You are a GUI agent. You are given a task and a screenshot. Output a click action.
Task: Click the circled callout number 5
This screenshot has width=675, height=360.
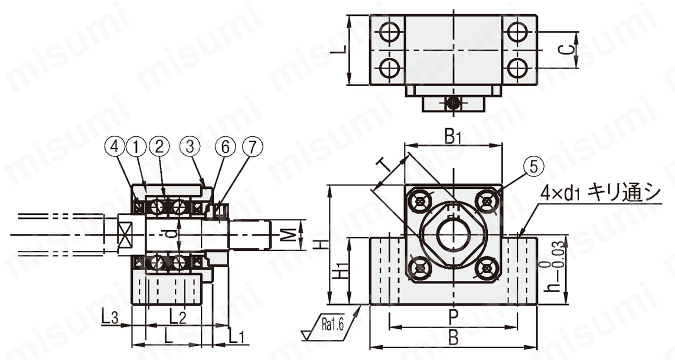534,168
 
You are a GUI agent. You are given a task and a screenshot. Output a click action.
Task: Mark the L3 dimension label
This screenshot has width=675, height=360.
109,318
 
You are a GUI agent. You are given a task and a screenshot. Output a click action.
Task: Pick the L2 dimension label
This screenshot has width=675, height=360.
178,317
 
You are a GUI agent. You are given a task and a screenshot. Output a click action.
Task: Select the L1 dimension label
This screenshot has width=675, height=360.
237,338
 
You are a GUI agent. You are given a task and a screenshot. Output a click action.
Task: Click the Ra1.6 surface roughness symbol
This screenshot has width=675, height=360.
331,324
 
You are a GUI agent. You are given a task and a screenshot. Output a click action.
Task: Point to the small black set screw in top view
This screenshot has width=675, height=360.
454,103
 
